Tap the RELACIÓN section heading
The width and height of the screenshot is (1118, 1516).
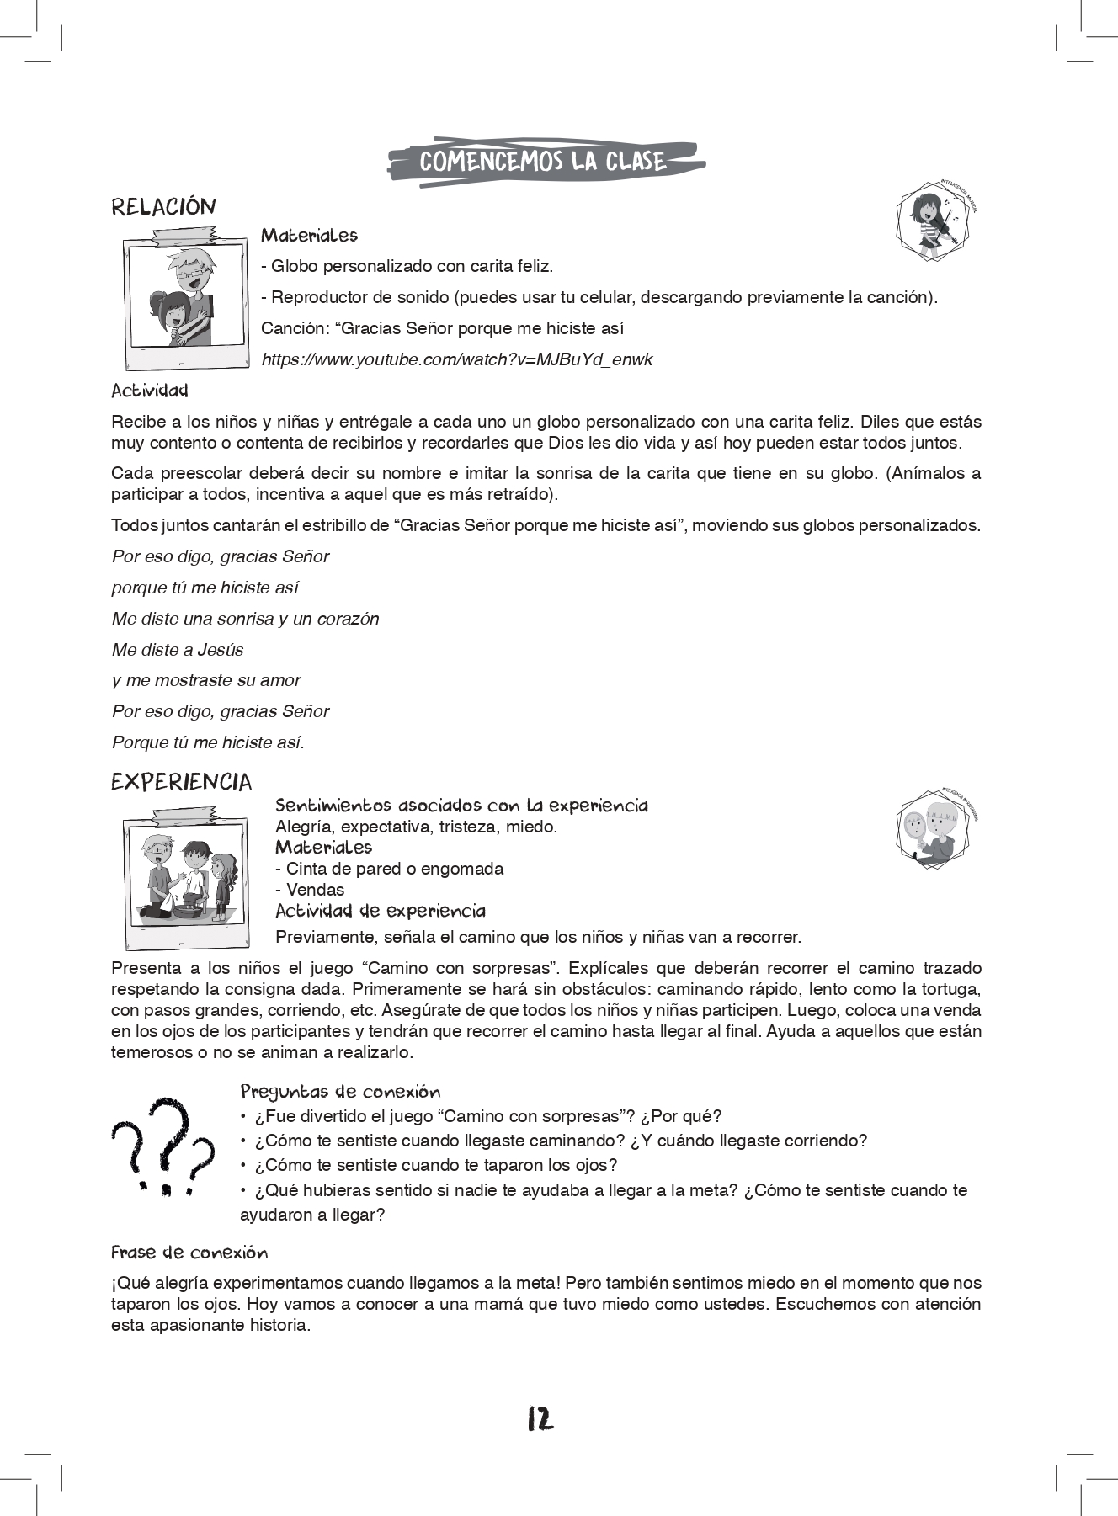[163, 207]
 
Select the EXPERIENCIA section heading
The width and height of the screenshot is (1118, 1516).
[181, 783]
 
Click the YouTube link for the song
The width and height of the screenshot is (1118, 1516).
[457, 360]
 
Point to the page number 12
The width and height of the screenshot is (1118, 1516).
[540, 1419]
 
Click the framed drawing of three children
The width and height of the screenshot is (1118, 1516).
[186, 877]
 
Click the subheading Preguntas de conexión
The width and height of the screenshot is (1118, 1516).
[340, 1093]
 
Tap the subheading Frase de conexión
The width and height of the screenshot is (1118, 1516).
[189, 1253]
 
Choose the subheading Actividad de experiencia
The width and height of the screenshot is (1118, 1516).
[381, 912]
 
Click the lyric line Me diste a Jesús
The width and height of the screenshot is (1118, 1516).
[178, 650]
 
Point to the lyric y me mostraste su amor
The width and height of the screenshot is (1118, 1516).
[206, 680]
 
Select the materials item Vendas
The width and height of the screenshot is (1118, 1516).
[311, 890]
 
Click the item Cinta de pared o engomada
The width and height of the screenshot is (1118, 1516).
[390, 869]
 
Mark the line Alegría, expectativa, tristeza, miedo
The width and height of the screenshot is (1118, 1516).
[417, 827]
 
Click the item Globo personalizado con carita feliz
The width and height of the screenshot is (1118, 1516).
[407, 267]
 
